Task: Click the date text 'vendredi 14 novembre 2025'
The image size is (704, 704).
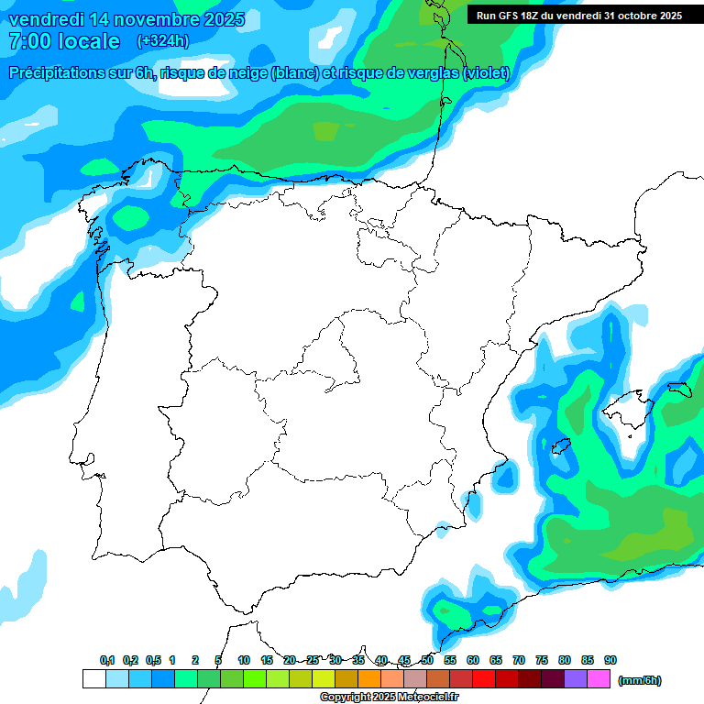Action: pos(126,19)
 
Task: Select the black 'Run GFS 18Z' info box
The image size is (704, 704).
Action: pos(578,15)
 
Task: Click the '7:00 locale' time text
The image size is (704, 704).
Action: pos(64,41)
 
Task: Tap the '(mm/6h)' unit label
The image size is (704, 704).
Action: pos(639,680)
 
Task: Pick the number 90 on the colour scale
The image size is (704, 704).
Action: pos(610,660)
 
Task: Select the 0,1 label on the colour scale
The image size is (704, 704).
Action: pos(107,660)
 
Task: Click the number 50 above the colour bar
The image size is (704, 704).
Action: pos(427,660)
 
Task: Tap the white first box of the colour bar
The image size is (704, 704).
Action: pos(93,679)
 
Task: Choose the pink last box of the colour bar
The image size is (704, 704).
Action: pos(598,679)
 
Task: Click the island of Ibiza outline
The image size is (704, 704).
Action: pos(562,445)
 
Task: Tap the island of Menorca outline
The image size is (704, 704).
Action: pos(678,389)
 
